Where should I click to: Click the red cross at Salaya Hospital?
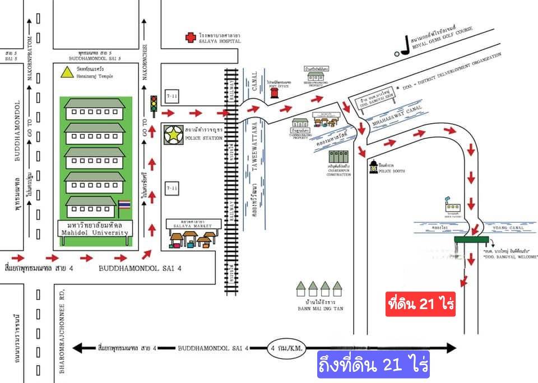pos(191,38)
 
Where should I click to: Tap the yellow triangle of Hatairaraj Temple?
pos(67,72)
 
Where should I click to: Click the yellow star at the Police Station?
pos(174,134)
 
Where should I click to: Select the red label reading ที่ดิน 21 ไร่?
pos(421,304)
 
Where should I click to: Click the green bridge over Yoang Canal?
pos(470,239)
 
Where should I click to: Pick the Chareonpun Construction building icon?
pos(338,156)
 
